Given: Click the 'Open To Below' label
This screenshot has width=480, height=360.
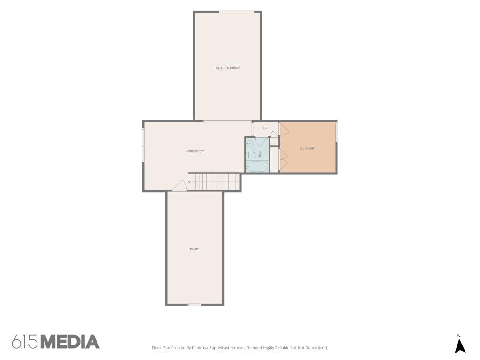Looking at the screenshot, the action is pos(227,67).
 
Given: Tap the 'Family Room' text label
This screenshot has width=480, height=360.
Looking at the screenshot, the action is pos(195,151).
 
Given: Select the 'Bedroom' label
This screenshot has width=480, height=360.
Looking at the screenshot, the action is pos(307,148).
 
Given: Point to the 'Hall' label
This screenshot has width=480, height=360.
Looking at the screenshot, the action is pos(266,128).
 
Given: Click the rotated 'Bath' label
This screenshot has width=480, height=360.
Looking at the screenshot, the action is pos(260,154).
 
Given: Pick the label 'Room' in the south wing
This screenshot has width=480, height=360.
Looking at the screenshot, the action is pos(195,248).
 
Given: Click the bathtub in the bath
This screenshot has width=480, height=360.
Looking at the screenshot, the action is pos(257,166).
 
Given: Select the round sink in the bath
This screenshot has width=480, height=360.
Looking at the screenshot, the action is pos(249,143).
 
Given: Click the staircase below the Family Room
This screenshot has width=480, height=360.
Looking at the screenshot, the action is pos(214,181).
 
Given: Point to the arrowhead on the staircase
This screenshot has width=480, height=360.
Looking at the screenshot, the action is pos(189,182).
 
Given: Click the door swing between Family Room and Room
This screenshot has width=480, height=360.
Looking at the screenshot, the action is pos(180,186).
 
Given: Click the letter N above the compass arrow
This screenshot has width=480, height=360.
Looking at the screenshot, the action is pos(459,336).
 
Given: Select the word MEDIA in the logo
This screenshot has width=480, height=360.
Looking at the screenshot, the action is pos(70,342).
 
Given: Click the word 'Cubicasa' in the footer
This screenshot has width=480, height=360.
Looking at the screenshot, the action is pos(200,348).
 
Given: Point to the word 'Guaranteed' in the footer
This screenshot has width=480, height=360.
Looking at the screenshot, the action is pos(318,348).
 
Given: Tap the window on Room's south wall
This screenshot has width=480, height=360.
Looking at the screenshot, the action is pos(195,305).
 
